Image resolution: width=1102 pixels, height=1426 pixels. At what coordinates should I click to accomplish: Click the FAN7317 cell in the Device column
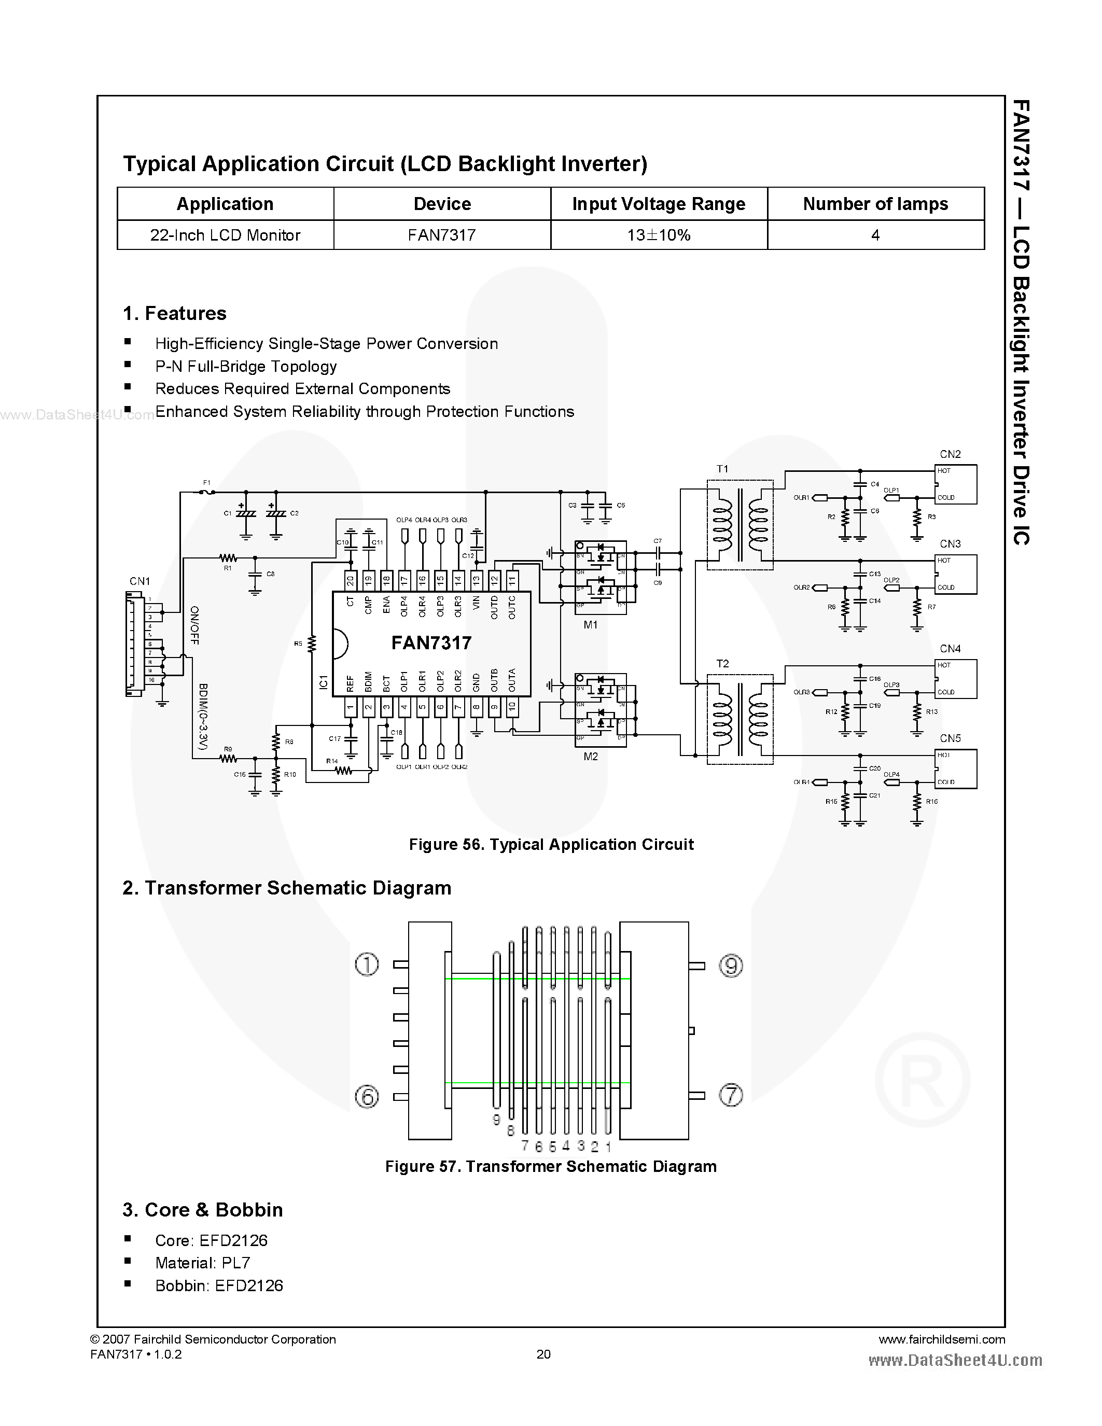[x=442, y=235]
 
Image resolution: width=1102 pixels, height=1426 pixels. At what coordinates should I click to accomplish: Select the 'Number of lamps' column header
[x=875, y=204]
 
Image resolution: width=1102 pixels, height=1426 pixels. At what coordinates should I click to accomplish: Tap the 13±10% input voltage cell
[x=659, y=235]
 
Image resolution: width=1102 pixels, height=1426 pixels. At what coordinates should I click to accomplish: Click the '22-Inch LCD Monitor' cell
[x=225, y=235]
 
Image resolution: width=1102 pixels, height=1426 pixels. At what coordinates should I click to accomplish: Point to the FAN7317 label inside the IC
[x=431, y=643]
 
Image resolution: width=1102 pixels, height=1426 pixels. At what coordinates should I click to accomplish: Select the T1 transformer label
[x=722, y=469]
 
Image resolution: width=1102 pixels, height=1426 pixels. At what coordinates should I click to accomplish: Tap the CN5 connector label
[x=950, y=738]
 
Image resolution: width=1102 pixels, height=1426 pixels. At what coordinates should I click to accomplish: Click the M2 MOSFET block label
[x=590, y=757]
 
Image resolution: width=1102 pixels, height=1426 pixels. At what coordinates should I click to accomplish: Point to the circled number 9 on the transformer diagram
[x=731, y=965]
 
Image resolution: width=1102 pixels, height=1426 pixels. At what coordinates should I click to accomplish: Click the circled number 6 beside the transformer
[x=367, y=1096]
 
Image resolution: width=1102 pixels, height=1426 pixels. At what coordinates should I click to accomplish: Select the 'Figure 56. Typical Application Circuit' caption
[x=551, y=844]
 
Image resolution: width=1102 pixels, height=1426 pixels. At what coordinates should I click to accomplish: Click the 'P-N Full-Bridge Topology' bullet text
[x=246, y=366]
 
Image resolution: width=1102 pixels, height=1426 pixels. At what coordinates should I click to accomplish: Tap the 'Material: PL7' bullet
[x=202, y=1263]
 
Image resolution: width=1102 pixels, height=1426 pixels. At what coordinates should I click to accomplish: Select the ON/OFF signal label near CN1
[x=194, y=625]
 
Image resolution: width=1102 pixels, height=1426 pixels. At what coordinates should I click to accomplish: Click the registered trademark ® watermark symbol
[x=922, y=1079]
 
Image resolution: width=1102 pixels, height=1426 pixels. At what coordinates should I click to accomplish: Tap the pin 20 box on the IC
[x=351, y=579]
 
